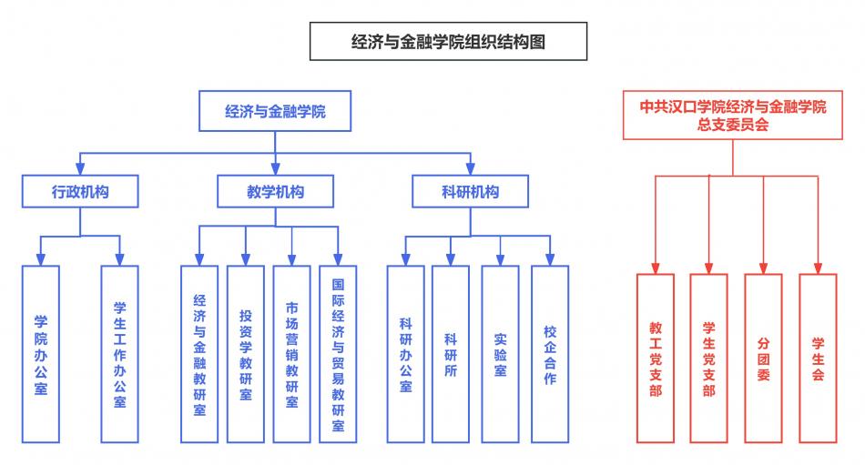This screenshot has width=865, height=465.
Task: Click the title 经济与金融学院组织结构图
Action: [448, 42]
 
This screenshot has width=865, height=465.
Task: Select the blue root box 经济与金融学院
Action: [275, 113]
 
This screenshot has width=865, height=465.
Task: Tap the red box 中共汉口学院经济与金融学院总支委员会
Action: [733, 116]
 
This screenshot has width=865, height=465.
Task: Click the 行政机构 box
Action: [81, 192]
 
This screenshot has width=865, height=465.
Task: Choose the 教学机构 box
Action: [276, 192]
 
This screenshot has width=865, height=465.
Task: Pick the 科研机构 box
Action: [470, 192]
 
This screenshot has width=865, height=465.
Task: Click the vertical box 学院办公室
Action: [41, 354]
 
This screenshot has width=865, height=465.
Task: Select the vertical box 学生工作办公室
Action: [119, 354]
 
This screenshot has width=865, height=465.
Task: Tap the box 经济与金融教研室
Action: [199, 354]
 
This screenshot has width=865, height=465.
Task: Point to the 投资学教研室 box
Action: [246, 354]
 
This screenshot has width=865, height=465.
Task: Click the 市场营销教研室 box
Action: [292, 354]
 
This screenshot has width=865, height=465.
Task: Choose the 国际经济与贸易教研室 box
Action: [338, 354]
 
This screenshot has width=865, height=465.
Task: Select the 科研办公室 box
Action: [405, 354]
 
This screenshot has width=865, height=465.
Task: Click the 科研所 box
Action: [451, 354]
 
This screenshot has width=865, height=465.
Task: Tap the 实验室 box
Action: [500, 354]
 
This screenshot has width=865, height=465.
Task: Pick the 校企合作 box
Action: [550, 354]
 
